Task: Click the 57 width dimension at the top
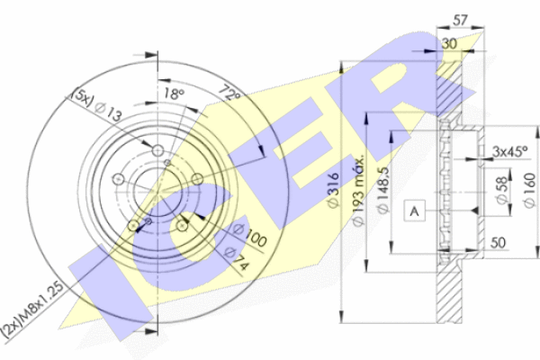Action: point(460,21)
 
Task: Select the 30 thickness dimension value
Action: point(449,44)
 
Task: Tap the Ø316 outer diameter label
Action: point(333,190)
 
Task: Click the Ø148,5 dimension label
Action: point(382,190)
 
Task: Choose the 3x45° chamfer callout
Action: point(509,151)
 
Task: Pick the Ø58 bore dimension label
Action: point(502,191)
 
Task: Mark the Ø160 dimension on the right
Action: point(529,190)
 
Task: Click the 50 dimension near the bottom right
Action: point(498,243)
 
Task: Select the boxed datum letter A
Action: point(414,210)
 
